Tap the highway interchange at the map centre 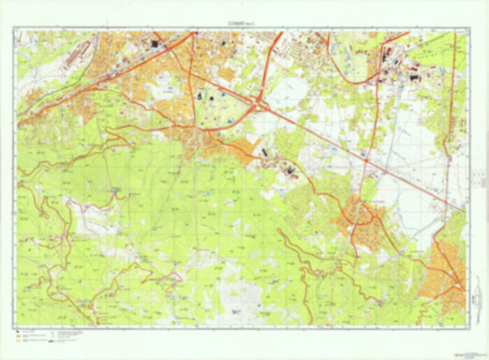tap(260, 105)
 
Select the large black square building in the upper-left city tap(157, 43)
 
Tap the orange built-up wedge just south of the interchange tap(229, 147)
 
